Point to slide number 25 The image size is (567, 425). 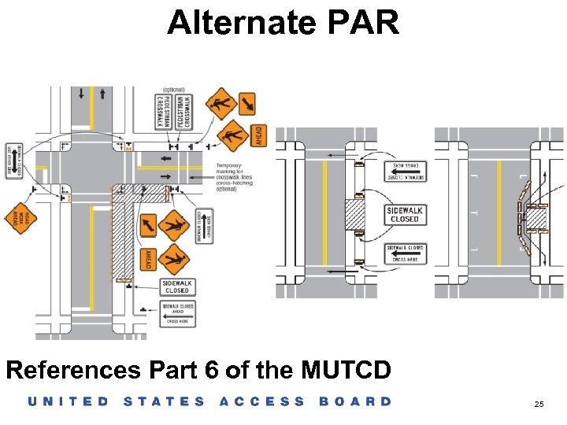(x=539, y=403)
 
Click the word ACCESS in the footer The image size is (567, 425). (x=261, y=401)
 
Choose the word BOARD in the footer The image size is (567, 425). (x=355, y=401)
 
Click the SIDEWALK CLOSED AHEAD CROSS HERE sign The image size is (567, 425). (x=177, y=313)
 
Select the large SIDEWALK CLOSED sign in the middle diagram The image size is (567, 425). (x=405, y=214)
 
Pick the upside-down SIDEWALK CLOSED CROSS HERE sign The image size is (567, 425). (x=405, y=171)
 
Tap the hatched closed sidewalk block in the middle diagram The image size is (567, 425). (x=356, y=213)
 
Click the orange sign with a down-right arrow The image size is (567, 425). (x=247, y=103)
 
